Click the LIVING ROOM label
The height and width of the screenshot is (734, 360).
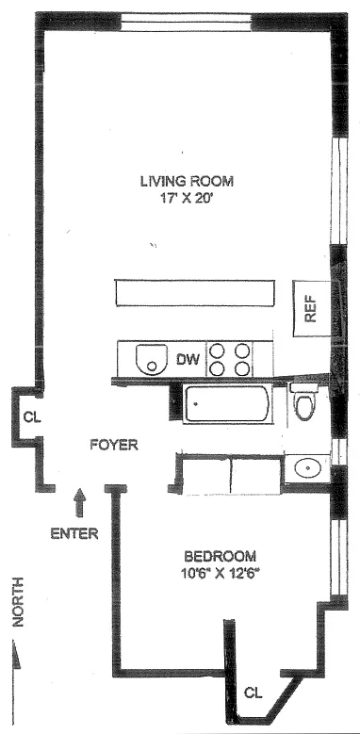[x=187, y=181]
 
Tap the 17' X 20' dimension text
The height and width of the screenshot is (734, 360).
[x=187, y=199]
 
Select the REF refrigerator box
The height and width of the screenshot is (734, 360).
[x=312, y=308]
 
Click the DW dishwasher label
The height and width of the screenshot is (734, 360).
[x=188, y=359]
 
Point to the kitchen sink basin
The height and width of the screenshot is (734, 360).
[x=151, y=359]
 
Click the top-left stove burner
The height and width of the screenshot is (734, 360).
[x=217, y=351]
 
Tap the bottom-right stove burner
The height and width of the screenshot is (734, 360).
[x=241, y=368]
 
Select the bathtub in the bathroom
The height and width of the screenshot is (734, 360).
[x=226, y=404]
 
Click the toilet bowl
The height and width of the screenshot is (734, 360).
[x=303, y=406]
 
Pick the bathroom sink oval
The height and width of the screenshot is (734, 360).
[x=307, y=467]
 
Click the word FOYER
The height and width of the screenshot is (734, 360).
[x=114, y=444]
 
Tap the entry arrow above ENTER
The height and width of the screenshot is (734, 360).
[x=79, y=503]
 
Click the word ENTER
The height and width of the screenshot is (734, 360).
[x=74, y=533]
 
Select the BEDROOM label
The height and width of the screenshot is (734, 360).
[x=220, y=556]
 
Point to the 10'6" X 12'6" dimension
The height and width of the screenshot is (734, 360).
[x=220, y=573]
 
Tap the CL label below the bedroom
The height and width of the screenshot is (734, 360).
[x=254, y=693]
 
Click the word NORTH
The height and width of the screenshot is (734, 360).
[x=17, y=602]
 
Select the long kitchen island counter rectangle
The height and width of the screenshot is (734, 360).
[x=195, y=293]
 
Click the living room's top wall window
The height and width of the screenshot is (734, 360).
[x=187, y=23]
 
